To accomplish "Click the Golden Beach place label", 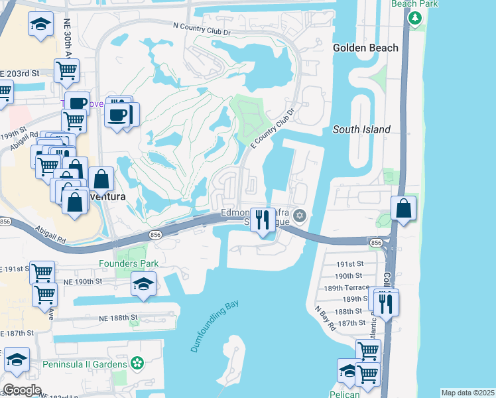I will pos(365,48).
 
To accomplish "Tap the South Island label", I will pos(361,129).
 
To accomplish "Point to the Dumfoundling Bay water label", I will pos(214,327).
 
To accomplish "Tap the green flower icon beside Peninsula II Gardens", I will pos(137,364).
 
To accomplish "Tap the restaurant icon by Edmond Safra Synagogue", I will pos(264,220).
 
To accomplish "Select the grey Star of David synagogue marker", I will pos(300,214).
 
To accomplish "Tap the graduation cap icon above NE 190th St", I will pos(144,284).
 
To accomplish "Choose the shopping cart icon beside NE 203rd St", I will pos(66,70).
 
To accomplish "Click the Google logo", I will pos(21,391).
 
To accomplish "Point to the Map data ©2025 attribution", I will pos(467,393).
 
